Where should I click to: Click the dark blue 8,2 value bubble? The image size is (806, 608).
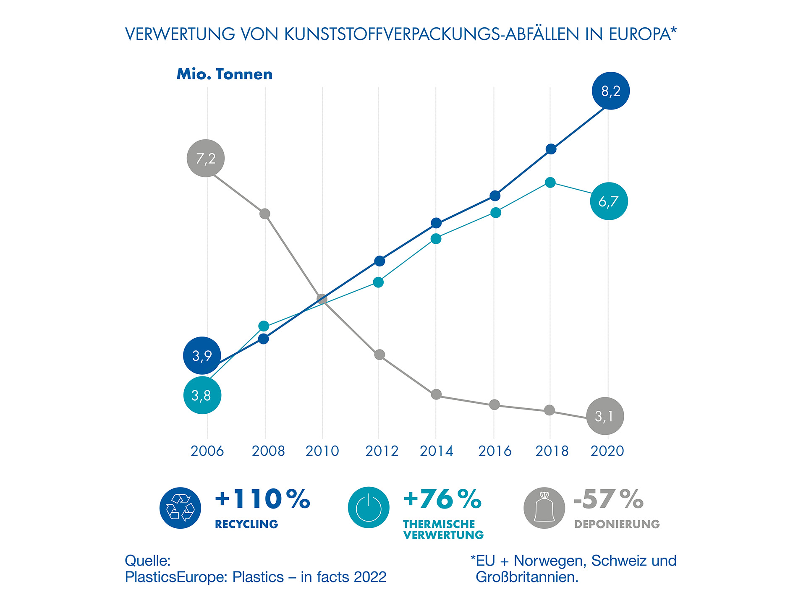pos(610,91)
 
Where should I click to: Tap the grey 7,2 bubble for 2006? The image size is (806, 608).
pos(206,158)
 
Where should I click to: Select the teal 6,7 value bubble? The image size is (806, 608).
pos(609,201)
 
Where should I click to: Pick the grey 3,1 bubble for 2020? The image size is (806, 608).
pos(605,416)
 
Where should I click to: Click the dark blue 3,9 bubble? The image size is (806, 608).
pos(202,355)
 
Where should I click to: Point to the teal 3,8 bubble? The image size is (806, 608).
pos(202,395)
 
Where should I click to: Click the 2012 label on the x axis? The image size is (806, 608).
pos(382,451)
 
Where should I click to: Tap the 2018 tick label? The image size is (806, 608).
pos(552,451)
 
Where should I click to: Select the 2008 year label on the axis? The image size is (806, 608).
pos(268,451)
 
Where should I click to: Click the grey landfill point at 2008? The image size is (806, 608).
pos(264,214)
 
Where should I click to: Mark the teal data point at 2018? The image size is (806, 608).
pos(550,183)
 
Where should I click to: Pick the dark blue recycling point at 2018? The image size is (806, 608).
pos(551,149)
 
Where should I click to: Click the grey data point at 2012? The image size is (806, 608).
pos(379,355)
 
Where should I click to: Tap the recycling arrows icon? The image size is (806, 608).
pos(181,508)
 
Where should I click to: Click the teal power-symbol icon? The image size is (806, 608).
pos(369,508)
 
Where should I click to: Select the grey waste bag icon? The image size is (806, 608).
pos(544,508)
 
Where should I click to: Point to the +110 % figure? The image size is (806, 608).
pos(262,499)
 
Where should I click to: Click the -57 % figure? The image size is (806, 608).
pos(608,499)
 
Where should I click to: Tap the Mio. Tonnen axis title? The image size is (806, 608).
pos(225,74)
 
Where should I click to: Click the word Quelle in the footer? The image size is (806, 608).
pos(147,561)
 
